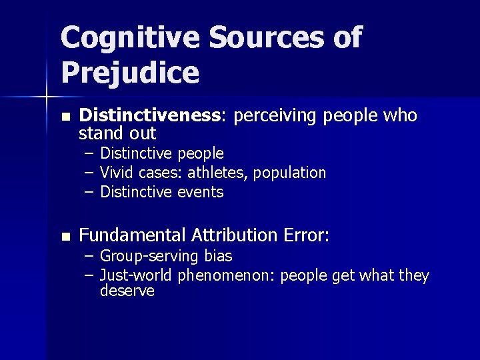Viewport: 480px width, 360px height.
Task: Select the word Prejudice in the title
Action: click(129, 73)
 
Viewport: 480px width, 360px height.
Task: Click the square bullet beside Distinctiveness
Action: click(65, 117)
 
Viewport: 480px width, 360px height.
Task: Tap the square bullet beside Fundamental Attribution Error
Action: click(65, 236)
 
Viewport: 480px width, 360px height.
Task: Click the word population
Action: click(291, 173)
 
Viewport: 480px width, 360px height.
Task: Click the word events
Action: click(201, 193)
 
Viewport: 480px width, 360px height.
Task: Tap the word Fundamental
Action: click(133, 235)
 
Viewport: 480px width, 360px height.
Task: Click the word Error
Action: click(305, 235)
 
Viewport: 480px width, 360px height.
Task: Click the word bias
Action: click(218, 255)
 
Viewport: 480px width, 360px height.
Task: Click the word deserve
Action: click(127, 291)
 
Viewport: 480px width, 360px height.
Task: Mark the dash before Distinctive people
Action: click(89, 154)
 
